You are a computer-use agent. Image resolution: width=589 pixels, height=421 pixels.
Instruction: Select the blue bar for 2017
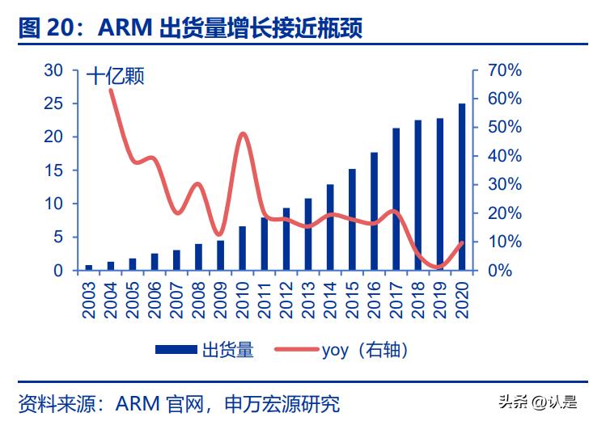(x=396, y=200)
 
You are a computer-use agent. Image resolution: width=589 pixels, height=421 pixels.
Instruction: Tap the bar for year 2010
(x=243, y=248)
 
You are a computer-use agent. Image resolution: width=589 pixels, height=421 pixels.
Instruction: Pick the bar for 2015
(x=352, y=220)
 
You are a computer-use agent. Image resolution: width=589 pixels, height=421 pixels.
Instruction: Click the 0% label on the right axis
(x=498, y=270)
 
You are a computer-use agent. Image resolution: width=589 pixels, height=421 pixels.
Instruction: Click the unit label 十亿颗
(x=115, y=78)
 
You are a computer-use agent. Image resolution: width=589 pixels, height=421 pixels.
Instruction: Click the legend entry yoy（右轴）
(x=340, y=349)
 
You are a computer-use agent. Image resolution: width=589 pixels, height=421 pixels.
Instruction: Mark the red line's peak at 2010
(x=243, y=133)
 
